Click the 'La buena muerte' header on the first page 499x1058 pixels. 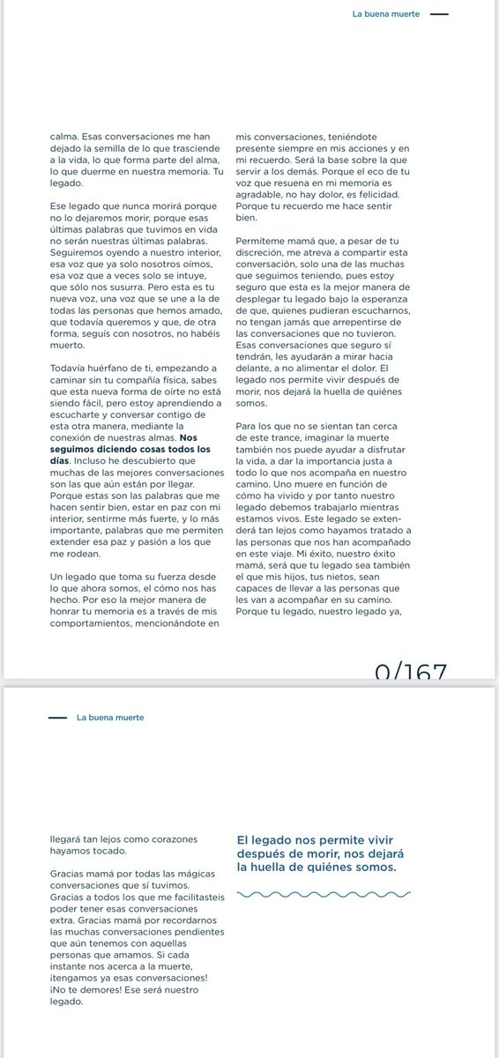386,14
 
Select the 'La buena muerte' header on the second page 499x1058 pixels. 109,717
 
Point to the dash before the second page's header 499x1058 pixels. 57,717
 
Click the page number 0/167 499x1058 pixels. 410,673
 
